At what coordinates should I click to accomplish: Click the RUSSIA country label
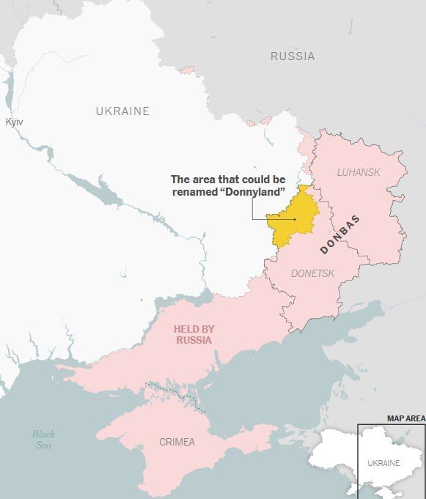coord(293,56)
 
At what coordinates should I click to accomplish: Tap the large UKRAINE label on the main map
coord(122,111)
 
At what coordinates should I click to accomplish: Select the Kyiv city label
coord(14,122)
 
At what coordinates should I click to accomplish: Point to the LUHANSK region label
coord(359,172)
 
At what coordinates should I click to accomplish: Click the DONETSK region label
coord(312,273)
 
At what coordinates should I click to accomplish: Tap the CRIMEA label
coord(177,442)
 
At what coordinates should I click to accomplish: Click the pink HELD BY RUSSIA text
coord(194,335)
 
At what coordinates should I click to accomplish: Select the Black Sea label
coord(43,440)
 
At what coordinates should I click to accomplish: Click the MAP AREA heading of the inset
coord(405,418)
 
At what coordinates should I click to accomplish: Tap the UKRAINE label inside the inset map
coord(383,463)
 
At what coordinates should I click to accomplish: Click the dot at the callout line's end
coord(295,218)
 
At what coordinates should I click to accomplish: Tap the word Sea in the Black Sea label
coord(44,446)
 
